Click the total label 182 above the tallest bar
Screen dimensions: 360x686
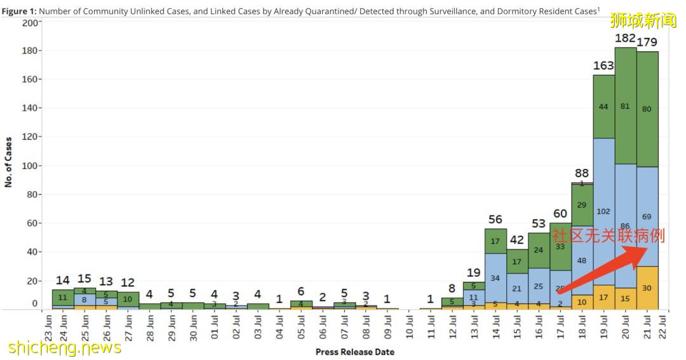625,39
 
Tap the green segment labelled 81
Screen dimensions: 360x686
625,106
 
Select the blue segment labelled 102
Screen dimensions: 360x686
603,211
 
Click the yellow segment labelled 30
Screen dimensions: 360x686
647,288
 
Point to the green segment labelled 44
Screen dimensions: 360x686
603,106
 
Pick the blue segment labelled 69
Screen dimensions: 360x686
647,217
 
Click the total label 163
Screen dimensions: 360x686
603,65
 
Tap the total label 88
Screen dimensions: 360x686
582,173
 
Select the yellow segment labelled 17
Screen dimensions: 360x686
603,297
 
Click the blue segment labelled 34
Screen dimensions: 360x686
495,278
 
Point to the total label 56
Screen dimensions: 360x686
495,220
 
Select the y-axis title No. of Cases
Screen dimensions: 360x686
9,161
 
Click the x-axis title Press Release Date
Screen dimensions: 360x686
354,352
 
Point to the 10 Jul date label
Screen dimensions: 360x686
409,327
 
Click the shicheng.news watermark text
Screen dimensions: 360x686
65,348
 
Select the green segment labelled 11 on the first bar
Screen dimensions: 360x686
63,297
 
